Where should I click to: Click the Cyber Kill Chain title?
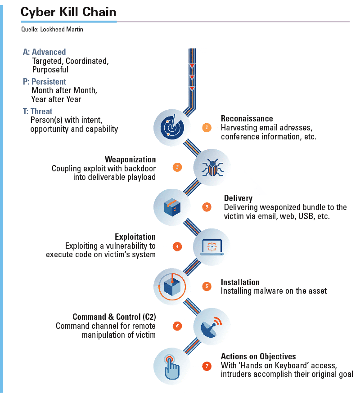click(68, 12)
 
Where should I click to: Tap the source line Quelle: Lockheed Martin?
click(52, 29)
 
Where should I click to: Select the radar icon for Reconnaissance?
click(172, 127)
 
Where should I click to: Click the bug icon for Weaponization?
click(212, 167)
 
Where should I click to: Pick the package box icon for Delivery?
click(172, 207)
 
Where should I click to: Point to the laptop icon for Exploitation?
click(212, 247)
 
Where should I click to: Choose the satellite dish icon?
click(211, 327)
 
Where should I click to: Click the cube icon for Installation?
click(172, 287)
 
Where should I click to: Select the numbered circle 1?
click(207, 127)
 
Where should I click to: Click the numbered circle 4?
click(177, 246)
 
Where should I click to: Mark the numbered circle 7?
click(207, 366)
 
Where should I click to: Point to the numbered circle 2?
click(177, 167)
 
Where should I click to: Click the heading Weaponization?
click(130, 159)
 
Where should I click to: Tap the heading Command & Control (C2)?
click(114, 317)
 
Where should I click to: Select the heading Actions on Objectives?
click(258, 356)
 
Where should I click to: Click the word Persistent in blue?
click(49, 82)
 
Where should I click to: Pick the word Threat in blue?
click(41, 112)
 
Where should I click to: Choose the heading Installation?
click(240, 282)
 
